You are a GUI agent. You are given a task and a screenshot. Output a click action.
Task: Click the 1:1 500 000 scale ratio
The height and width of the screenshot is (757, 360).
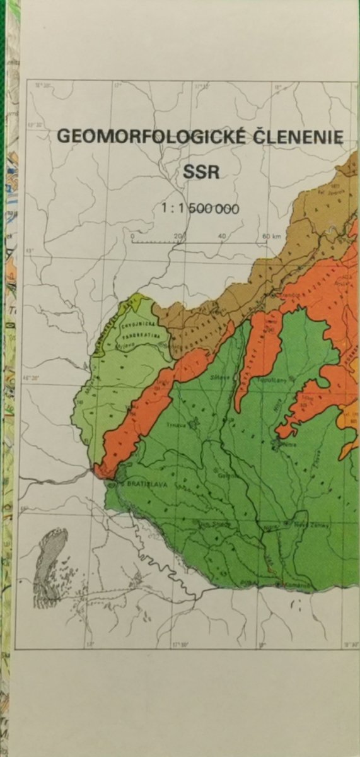pyautogui.click(x=200, y=208)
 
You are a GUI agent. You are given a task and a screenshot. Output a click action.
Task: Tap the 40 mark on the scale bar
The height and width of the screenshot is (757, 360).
pyautogui.click(x=222, y=236)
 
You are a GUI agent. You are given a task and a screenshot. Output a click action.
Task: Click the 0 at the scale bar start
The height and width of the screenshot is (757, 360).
pyautogui.click(x=132, y=236)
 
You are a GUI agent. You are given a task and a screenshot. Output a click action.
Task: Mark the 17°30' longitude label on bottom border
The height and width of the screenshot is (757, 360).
pyautogui.click(x=180, y=645)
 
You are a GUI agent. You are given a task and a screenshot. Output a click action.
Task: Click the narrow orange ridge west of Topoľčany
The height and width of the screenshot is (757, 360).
pyautogui.click(x=252, y=360)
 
